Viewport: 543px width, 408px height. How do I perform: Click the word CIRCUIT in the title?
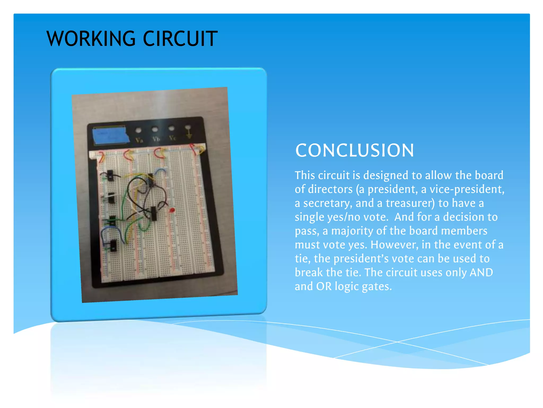(180, 39)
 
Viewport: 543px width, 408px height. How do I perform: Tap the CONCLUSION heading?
(354, 150)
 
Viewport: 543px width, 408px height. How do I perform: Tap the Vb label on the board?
(156, 139)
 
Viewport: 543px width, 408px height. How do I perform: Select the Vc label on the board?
(172, 138)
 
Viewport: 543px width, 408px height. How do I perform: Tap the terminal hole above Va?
(138, 130)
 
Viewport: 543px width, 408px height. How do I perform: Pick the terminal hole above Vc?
(171, 128)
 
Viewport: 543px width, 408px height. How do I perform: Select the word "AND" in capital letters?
(481, 273)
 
